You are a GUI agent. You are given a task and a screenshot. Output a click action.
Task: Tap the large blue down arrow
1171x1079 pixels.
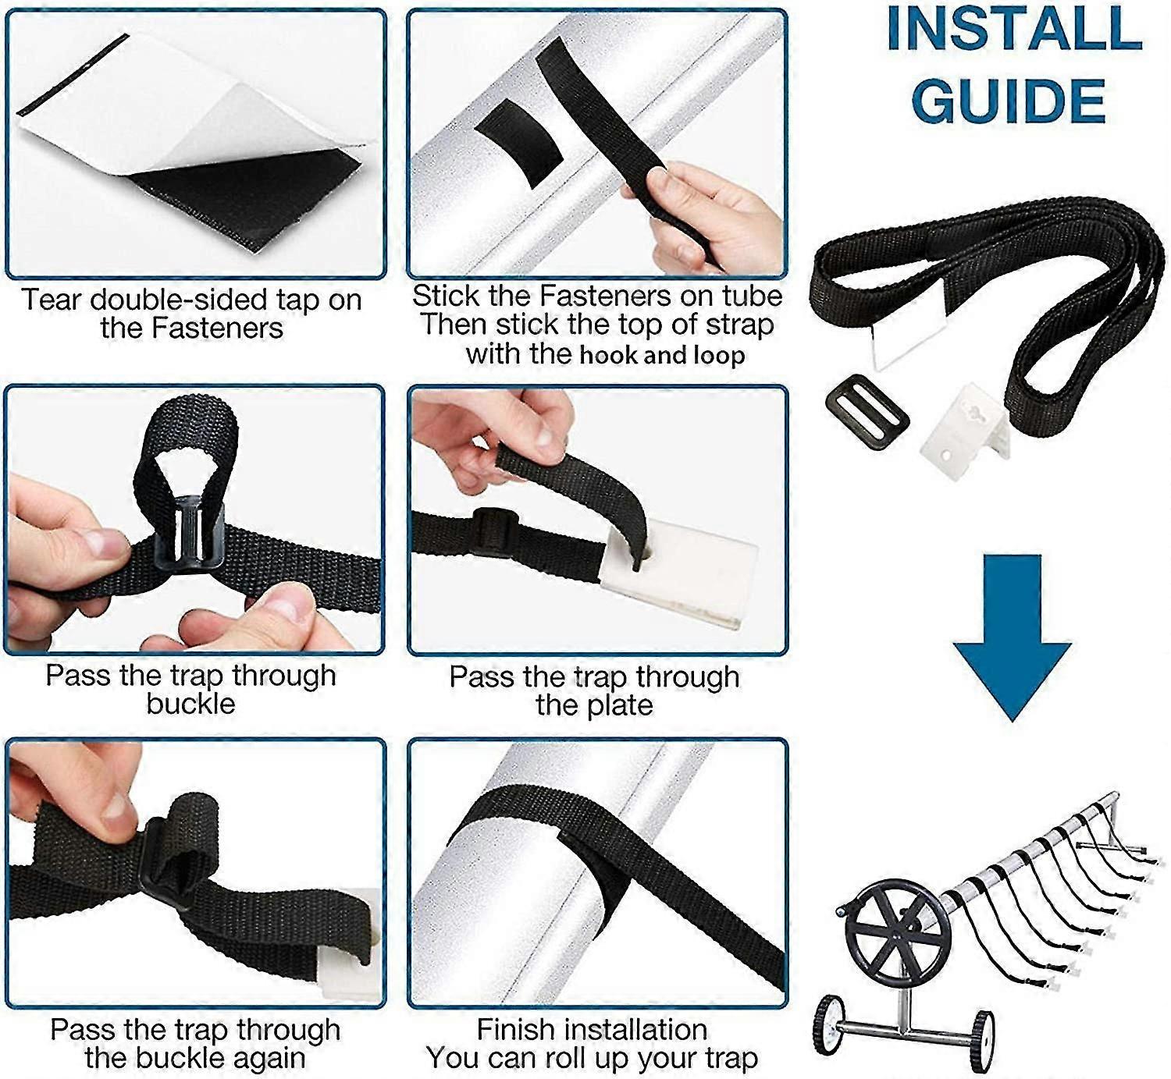[1012, 637]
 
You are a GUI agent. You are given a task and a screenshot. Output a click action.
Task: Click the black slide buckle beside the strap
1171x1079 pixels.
[867, 410]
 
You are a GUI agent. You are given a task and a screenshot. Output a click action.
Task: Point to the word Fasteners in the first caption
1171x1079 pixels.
[218, 328]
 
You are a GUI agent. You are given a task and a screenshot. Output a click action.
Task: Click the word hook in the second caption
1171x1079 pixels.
[609, 355]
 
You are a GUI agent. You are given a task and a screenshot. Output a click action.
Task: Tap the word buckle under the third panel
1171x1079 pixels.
[191, 704]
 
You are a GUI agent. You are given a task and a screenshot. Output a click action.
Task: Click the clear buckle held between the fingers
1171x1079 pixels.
[189, 534]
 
